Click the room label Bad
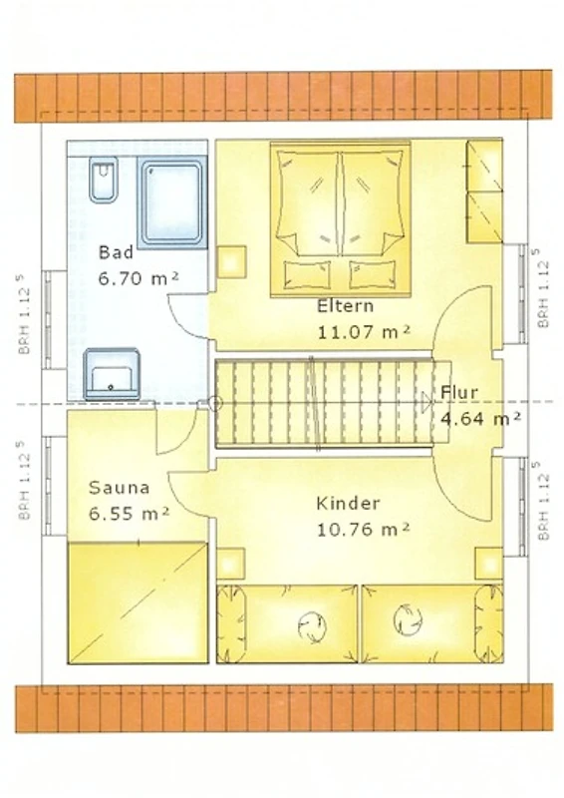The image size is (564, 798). click(x=116, y=252)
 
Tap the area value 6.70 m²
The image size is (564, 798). click(x=138, y=278)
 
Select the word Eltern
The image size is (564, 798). click(x=346, y=306)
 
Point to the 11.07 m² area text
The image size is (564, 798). click(x=364, y=332)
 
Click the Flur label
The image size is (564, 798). click(x=459, y=392)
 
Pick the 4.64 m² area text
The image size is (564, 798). click(x=480, y=419)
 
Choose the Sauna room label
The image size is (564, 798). click(x=119, y=488)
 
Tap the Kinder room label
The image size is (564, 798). click(x=348, y=504)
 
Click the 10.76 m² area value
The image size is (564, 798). click(x=363, y=530)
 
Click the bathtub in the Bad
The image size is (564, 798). click(x=171, y=201)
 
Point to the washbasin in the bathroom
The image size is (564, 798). click(x=112, y=373)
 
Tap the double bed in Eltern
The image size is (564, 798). click(x=340, y=218)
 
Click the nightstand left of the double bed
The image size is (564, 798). click(x=232, y=261)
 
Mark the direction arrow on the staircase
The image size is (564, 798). click(x=427, y=402)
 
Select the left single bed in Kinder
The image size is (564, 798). click(x=287, y=624)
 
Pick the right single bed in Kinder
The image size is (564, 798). click(x=432, y=624)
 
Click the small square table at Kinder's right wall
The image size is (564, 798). click(x=489, y=563)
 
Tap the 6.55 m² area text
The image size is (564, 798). click(x=129, y=514)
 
